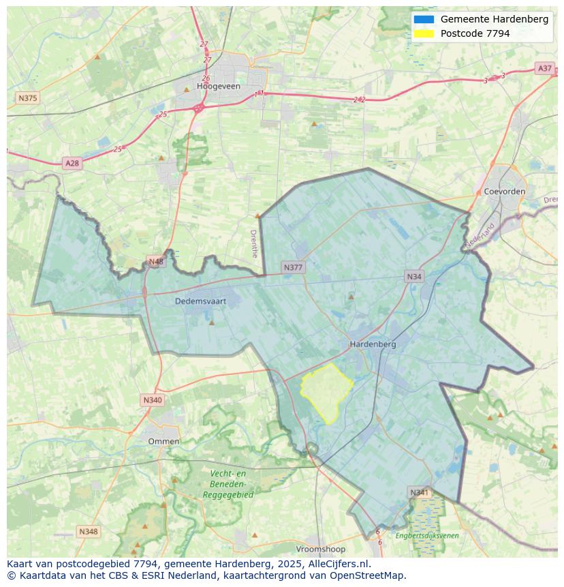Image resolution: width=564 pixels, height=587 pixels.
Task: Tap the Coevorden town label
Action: tap(504, 192)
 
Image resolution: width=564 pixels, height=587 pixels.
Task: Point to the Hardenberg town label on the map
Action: tap(373, 344)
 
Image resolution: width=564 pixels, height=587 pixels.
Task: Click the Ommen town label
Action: tap(164, 441)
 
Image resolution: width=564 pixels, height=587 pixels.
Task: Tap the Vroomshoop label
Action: tap(321, 549)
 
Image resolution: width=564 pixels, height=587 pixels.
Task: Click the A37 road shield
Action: tap(544, 68)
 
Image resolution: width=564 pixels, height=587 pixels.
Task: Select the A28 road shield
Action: tap(72, 163)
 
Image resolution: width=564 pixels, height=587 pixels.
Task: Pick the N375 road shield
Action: tap(28, 98)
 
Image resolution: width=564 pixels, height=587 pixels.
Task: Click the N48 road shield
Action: tap(156, 262)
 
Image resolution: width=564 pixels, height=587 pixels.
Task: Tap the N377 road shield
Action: tap(293, 267)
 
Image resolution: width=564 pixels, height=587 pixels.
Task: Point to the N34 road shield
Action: tap(414, 276)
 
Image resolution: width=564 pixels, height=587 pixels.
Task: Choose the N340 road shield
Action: tap(153, 400)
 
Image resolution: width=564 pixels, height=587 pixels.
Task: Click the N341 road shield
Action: tap(420, 492)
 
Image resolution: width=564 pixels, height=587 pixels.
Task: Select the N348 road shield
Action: tap(89, 531)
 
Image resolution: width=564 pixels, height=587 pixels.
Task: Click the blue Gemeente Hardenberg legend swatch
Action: tap(423, 19)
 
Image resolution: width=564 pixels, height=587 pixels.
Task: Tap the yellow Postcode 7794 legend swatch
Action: tap(423, 33)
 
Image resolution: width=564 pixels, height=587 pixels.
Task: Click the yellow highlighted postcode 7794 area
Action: tap(327, 392)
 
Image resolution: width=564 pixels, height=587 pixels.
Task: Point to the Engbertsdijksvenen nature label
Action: tap(427, 536)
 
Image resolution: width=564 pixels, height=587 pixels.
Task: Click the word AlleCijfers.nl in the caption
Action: tap(340, 564)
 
